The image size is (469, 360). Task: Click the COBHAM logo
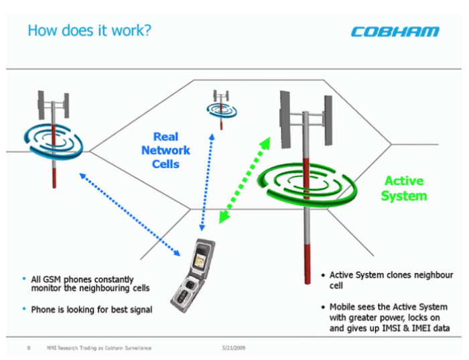(395, 32)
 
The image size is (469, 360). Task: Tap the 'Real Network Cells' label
(165, 150)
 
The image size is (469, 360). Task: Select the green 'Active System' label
(404, 188)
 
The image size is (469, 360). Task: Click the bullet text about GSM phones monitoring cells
(90, 284)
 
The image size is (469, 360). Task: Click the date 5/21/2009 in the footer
(234, 348)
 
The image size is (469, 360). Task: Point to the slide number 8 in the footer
(28, 348)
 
